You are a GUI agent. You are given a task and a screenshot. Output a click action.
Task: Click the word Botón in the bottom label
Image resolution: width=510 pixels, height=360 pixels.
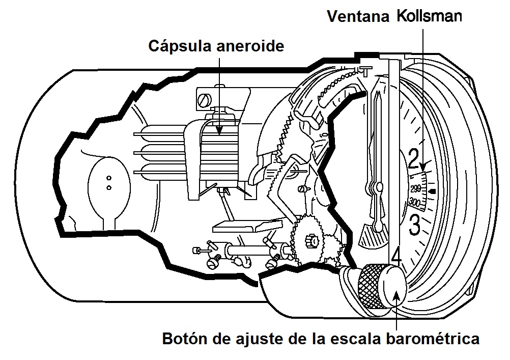pyautogui.click(x=183, y=339)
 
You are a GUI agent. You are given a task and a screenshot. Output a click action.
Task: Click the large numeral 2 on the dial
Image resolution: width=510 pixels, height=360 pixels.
pyautogui.click(x=413, y=159)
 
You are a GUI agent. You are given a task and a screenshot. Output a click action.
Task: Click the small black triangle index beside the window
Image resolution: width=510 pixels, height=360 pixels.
pyautogui.click(x=433, y=191)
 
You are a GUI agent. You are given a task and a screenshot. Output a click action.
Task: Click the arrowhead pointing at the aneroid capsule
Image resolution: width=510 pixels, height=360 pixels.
pyautogui.click(x=218, y=131)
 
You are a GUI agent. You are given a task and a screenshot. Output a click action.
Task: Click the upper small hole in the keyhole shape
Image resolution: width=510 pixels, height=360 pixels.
pyautogui.click(x=108, y=179)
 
